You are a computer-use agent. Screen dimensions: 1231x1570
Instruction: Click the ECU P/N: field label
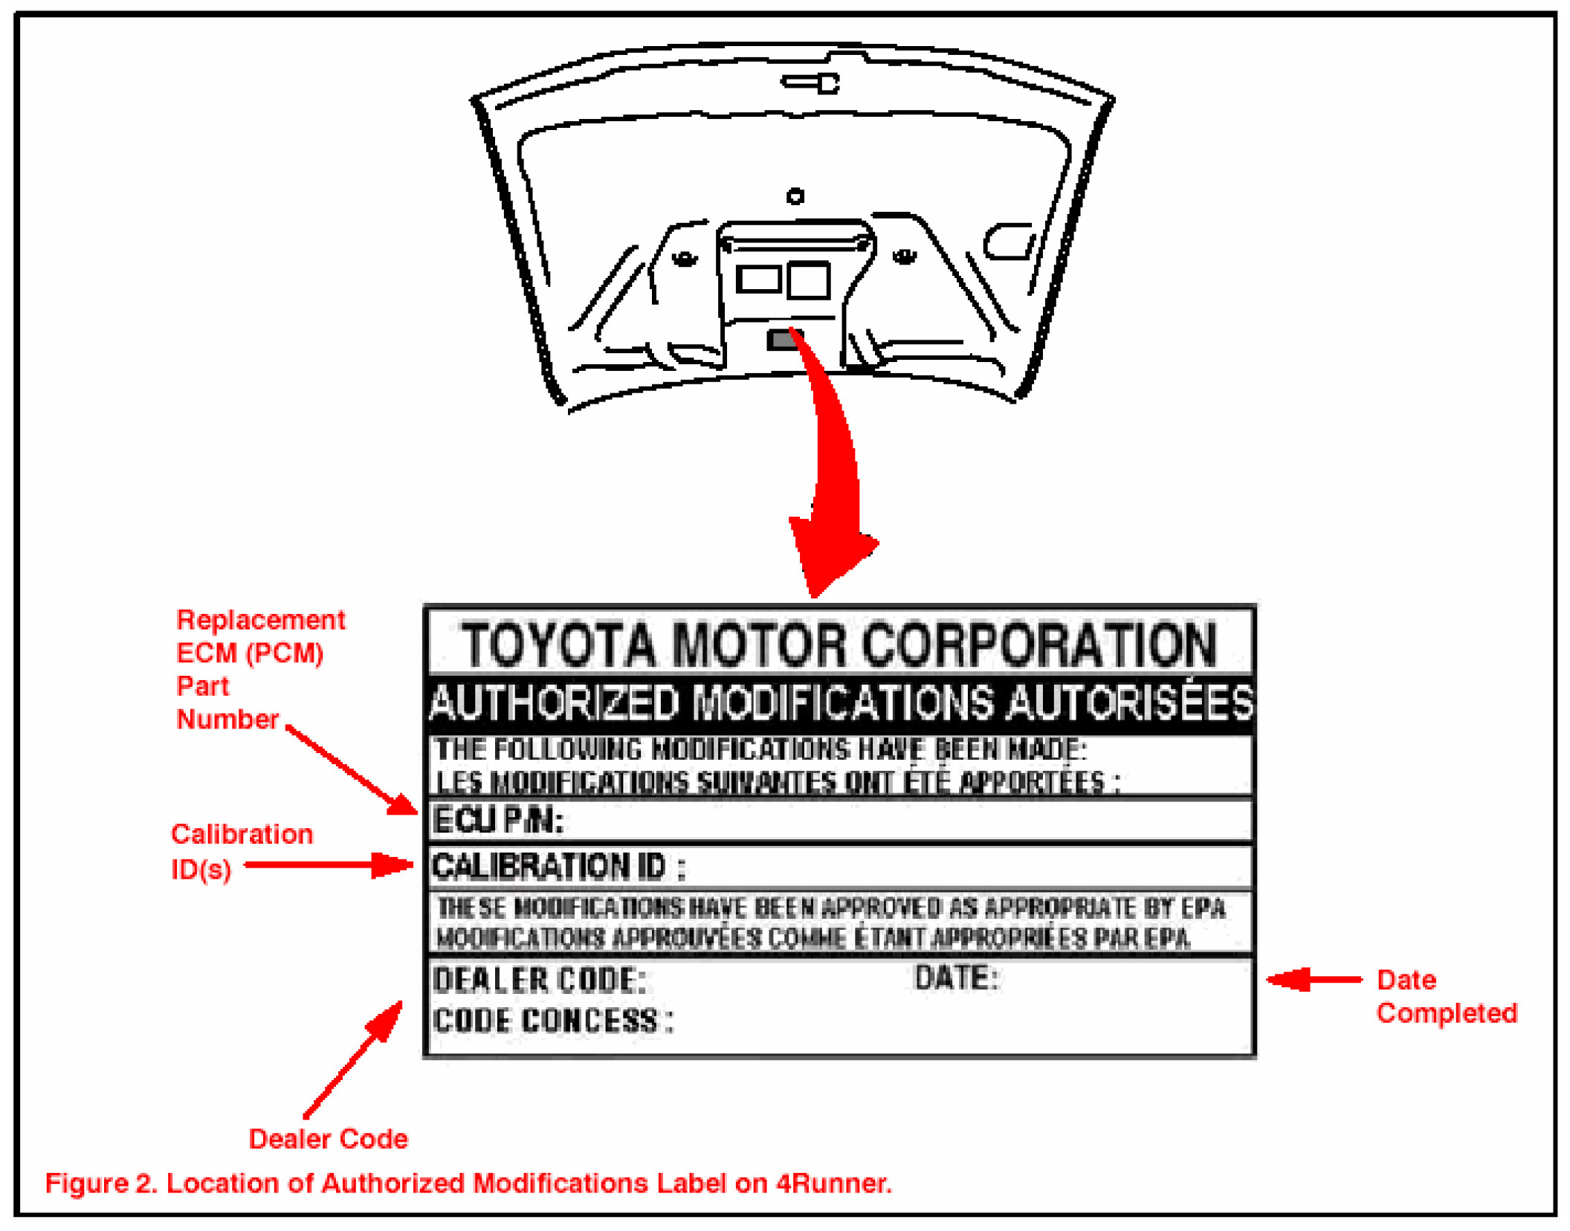pyautogui.click(x=498, y=821)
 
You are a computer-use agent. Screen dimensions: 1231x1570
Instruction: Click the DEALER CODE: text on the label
pyautogui.click(x=539, y=980)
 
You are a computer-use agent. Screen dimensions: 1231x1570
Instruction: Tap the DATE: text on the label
pyautogui.click(x=955, y=978)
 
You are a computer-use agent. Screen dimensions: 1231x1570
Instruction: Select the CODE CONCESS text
pyautogui.click(x=552, y=1021)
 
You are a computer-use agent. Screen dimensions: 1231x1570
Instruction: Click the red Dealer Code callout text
pyautogui.click(x=328, y=1138)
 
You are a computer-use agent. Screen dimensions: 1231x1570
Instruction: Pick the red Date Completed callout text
pyautogui.click(x=1445, y=996)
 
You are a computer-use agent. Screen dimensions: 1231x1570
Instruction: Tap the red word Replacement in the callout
pyautogui.click(x=260, y=619)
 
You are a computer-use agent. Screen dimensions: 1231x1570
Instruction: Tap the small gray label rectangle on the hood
pyautogui.click(x=782, y=340)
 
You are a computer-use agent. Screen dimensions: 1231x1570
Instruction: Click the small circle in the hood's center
pyautogui.click(x=795, y=196)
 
